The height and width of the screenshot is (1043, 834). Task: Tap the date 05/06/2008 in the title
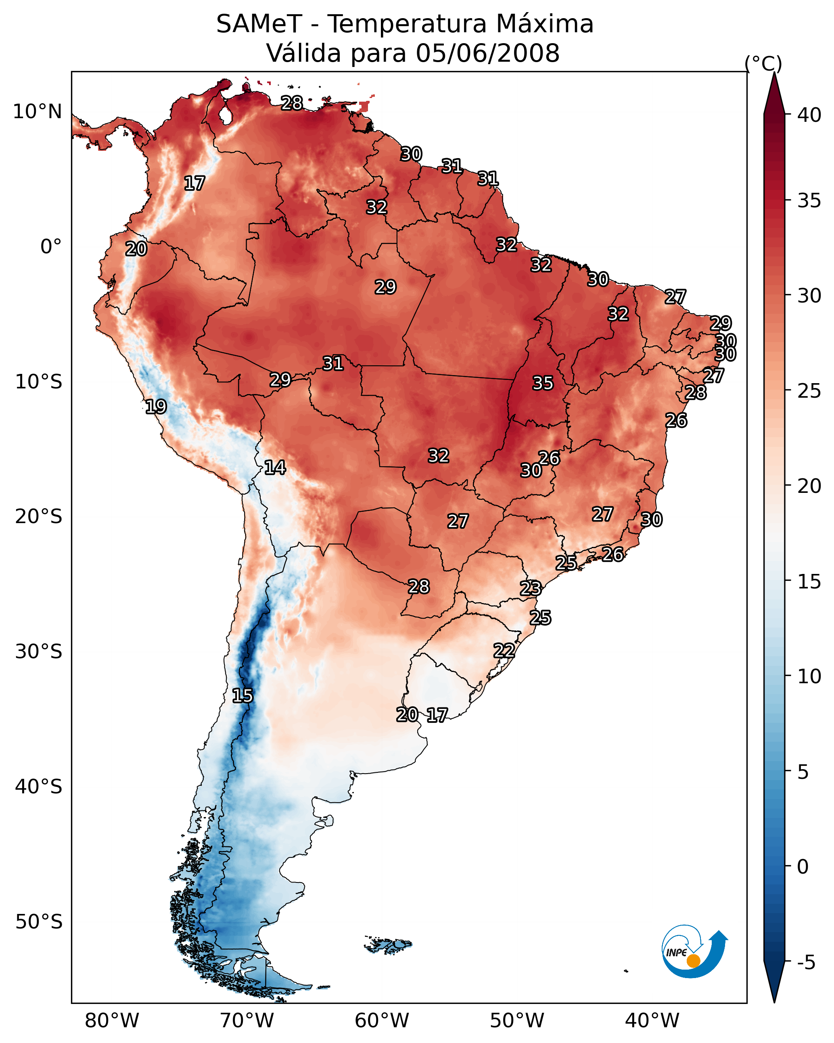tap(487, 53)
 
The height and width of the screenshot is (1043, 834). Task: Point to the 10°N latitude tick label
tap(37, 112)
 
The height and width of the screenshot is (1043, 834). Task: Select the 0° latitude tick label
tap(51, 247)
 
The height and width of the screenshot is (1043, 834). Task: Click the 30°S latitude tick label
tap(39, 652)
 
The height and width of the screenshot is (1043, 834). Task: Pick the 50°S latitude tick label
tap(39, 922)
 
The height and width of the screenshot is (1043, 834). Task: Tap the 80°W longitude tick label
tap(112, 1021)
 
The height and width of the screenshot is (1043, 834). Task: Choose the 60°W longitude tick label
tap(382, 1021)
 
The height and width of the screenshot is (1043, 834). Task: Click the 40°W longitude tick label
tap(652, 1021)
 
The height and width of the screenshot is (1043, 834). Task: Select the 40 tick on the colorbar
tap(809, 115)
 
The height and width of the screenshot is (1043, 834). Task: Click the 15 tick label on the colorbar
tap(809, 582)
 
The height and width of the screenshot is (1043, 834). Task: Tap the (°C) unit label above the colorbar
tap(763, 63)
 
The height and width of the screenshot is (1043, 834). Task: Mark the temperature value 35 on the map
tap(543, 383)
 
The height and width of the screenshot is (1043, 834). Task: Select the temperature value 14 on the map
tap(275, 467)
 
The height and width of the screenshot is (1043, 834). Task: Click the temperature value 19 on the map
tap(156, 407)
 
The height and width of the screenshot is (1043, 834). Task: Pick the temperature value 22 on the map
tap(504, 650)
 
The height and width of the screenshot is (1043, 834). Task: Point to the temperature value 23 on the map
tap(531, 588)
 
